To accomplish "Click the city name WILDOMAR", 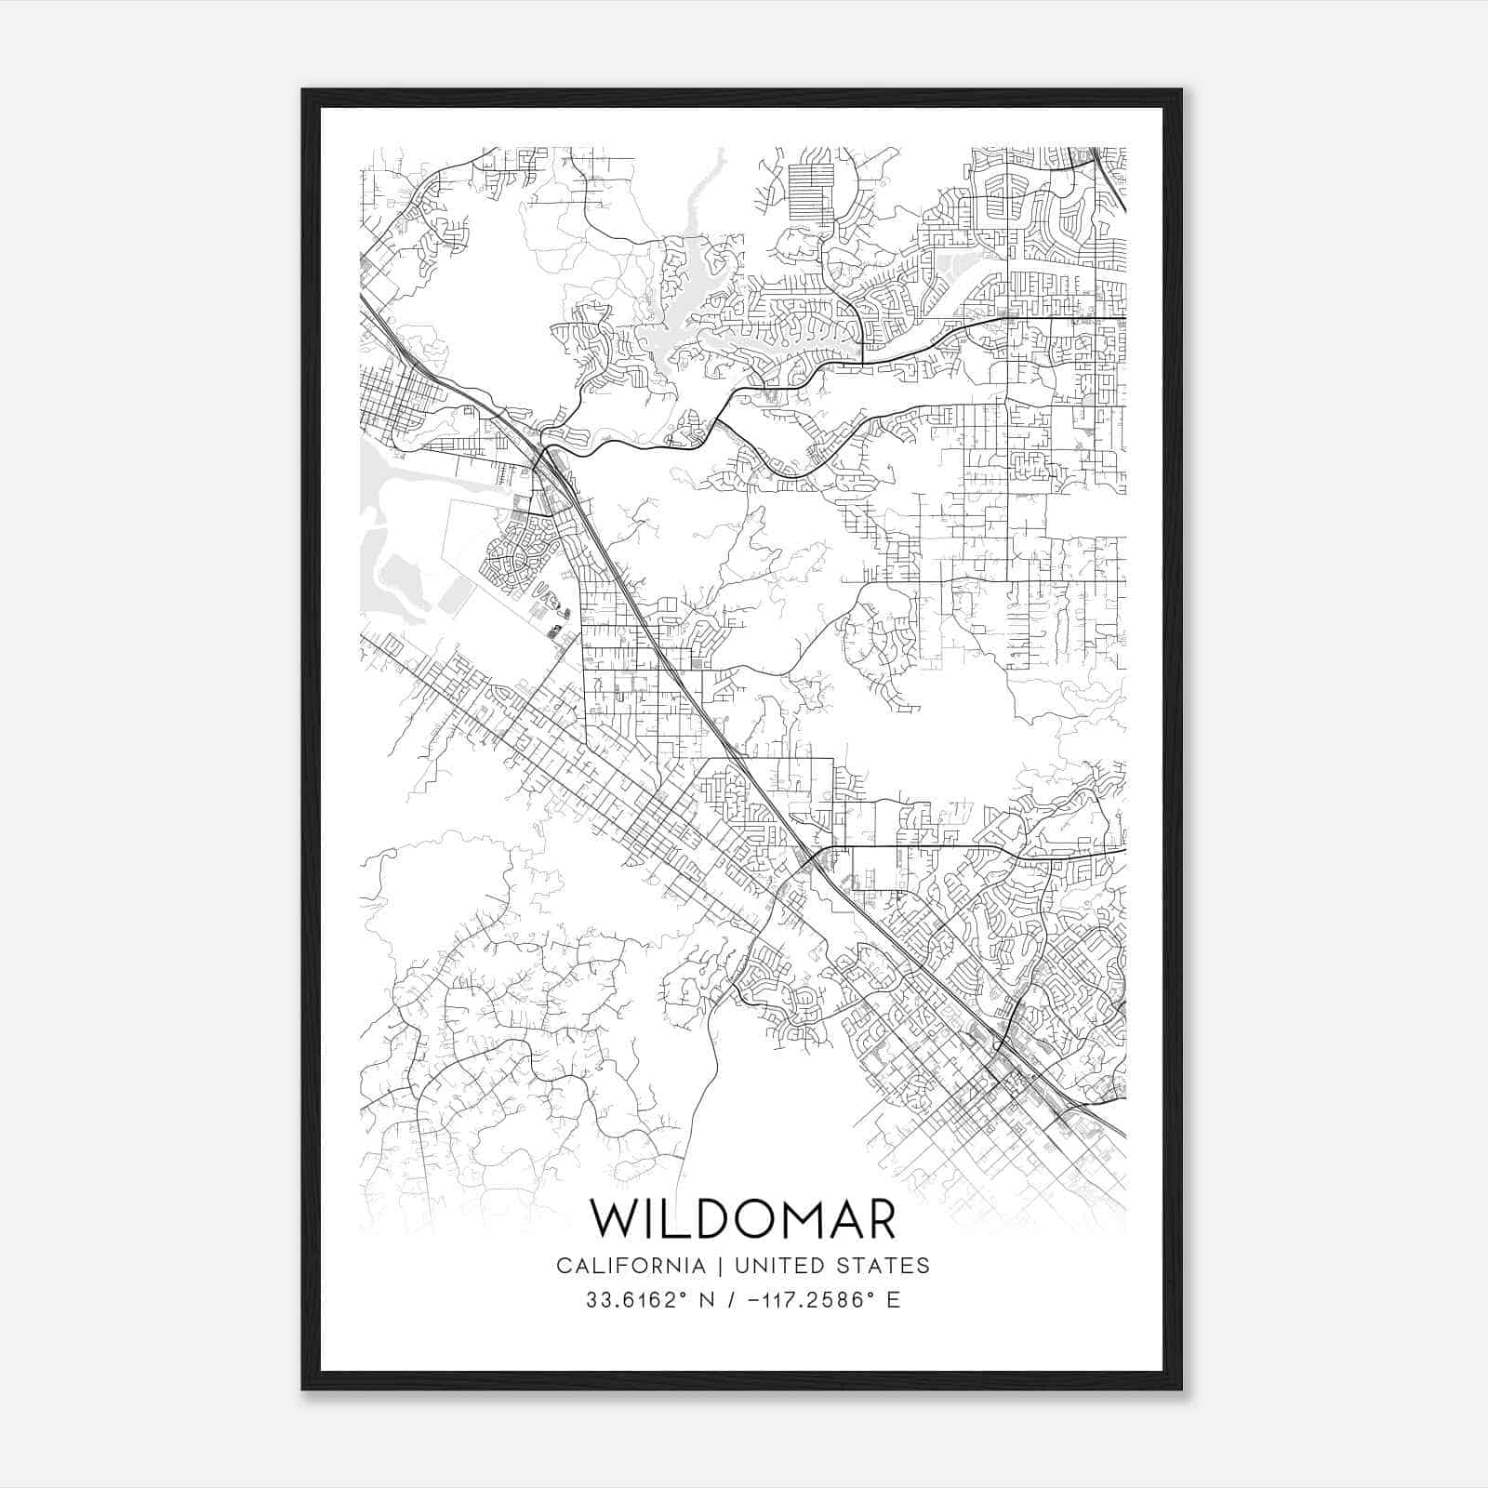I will pyautogui.click(x=743, y=1219).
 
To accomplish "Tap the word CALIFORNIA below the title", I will pyautogui.click(x=630, y=1266).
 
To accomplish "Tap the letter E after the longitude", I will pyautogui.click(x=894, y=1300).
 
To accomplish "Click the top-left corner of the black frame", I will pyautogui.click(x=303, y=90).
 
